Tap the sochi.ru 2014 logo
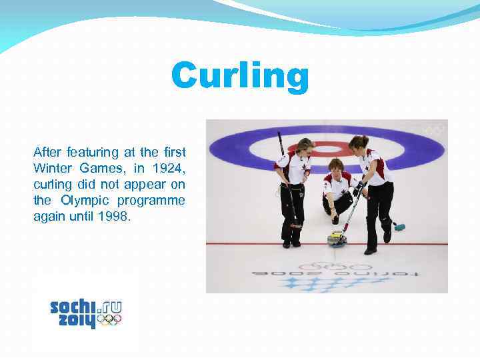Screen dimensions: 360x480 pyautogui.click(x=86, y=313)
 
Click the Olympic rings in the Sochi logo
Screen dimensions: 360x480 pyautogui.click(x=109, y=320)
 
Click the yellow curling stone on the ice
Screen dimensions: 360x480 pyautogui.click(x=337, y=237)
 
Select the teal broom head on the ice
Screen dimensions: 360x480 pyautogui.click(x=399, y=227)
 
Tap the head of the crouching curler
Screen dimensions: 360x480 pyautogui.click(x=336, y=166)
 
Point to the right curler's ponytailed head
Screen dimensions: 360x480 pyautogui.click(x=358, y=143)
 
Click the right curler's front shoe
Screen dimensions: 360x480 pyautogui.click(x=370, y=251)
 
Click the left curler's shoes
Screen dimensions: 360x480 pyautogui.click(x=291, y=243)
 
